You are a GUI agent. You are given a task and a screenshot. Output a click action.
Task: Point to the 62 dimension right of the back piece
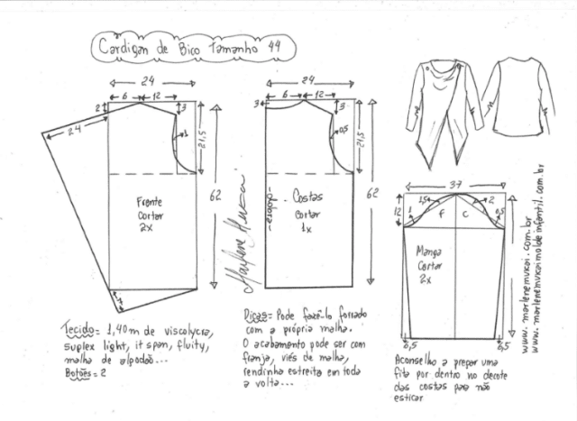tap(374, 195)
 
